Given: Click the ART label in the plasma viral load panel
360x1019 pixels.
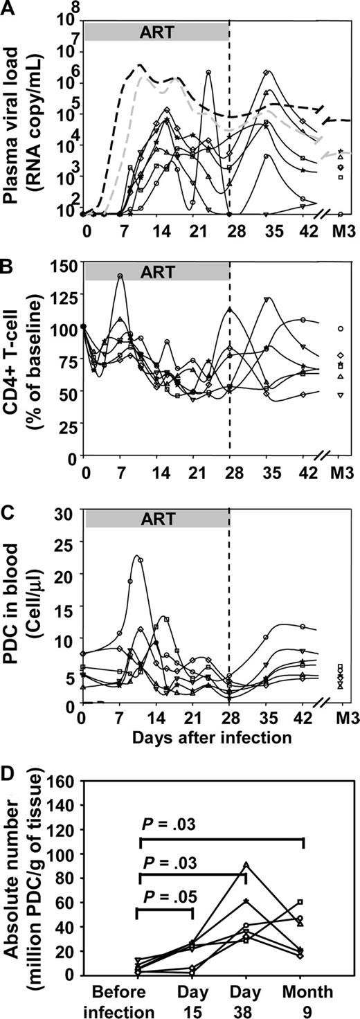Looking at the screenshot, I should click(x=156, y=31).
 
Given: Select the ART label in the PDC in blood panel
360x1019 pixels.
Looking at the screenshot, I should click(x=156, y=518).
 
